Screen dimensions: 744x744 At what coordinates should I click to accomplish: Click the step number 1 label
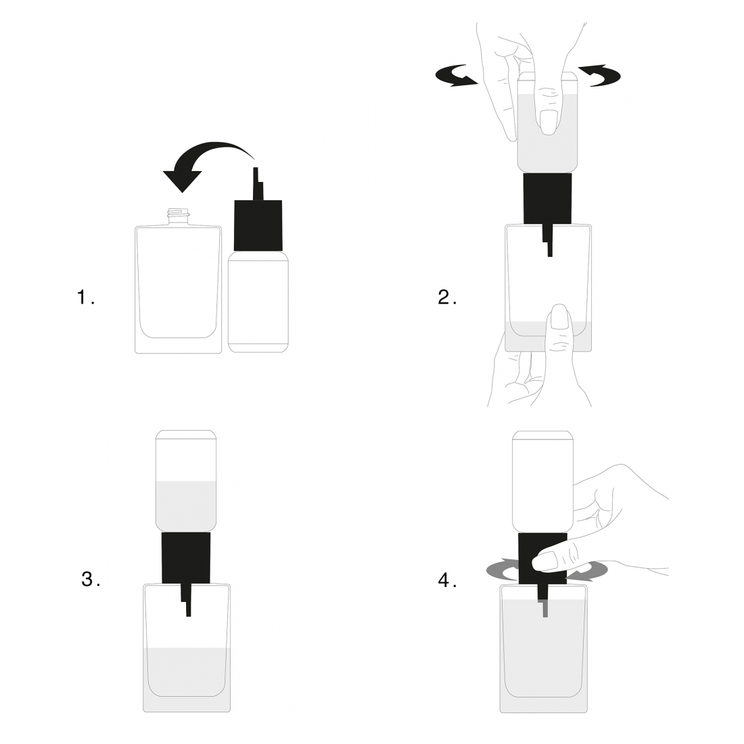coord(85,298)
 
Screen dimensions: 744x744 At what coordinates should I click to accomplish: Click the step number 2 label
coord(447,298)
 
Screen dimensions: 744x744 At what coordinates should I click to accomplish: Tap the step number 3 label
coord(91,579)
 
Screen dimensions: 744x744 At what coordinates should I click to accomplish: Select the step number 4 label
coord(447,580)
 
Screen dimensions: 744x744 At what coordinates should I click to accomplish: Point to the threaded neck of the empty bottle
coord(179,216)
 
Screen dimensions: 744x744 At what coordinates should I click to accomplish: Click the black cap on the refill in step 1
coord(258,225)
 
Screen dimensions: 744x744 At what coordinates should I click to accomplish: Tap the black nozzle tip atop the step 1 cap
coord(258,183)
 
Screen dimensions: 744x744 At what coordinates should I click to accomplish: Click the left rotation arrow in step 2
coord(456,76)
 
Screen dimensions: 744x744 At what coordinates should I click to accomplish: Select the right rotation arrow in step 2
coord(600,76)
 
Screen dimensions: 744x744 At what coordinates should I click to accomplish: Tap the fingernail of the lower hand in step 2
coord(559,317)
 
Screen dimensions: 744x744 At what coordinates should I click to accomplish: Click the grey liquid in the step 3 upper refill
coord(186,506)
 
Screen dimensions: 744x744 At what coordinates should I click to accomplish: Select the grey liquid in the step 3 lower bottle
coord(187,679)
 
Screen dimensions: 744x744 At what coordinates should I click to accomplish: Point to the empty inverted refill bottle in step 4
coord(542,481)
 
